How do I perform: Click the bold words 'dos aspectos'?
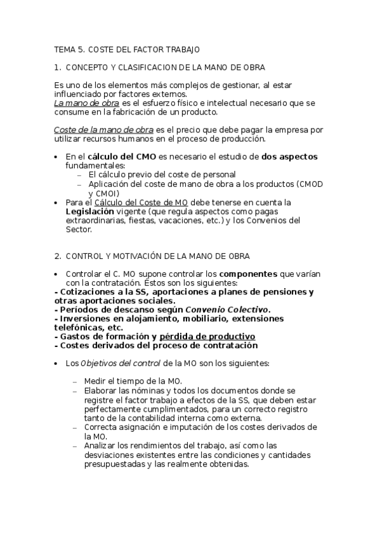(x=289, y=156)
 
